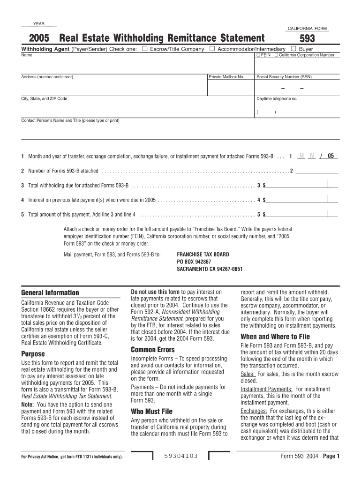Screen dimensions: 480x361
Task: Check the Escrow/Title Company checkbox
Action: [x=144, y=49]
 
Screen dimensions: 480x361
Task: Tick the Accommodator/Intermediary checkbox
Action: [x=212, y=49]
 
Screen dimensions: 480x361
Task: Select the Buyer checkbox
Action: [x=293, y=49]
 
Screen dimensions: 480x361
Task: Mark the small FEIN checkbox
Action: [x=258, y=55]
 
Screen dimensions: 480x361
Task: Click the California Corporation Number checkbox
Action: [x=276, y=55]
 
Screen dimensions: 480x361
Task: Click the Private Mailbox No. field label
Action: [x=226, y=77]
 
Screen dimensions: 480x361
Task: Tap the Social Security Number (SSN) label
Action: [x=284, y=77]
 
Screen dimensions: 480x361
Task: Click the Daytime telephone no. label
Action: [x=277, y=99]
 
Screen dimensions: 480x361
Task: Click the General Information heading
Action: [x=50, y=293]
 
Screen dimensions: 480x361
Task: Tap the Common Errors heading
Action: [x=152, y=350]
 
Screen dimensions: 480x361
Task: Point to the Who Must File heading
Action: [x=151, y=412]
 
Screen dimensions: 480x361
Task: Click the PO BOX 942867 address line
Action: [x=194, y=262]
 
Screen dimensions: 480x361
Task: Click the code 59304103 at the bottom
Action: [x=181, y=456]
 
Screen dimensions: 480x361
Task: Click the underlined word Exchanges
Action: [x=254, y=411]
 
